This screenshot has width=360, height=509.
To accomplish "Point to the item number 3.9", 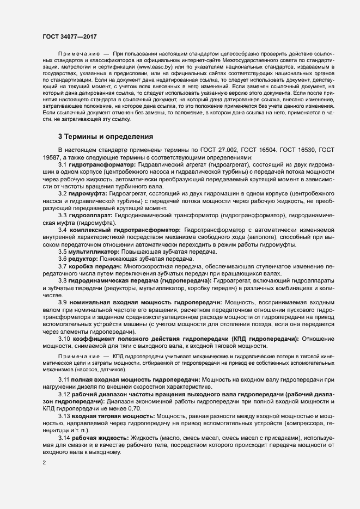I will pyautogui.click(x=63, y=302).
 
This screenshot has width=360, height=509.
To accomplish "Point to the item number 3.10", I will pyautogui.click(x=64, y=338).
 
